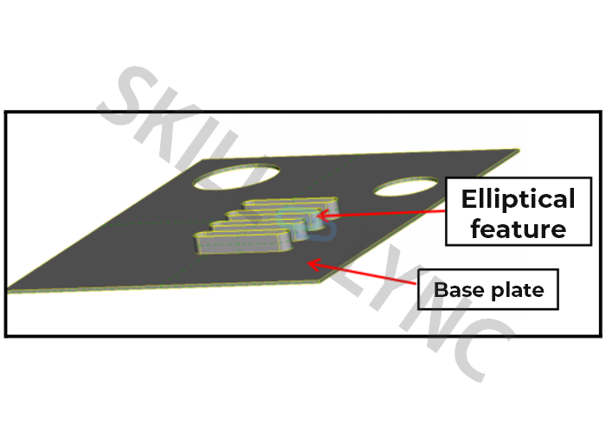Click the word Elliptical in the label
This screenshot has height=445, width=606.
tap(518, 199)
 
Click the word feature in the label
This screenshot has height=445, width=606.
tap(513, 229)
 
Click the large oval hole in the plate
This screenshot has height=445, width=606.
tap(236, 177)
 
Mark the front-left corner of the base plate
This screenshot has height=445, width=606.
tap(10, 289)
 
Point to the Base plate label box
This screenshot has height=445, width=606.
tap(487, 289)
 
